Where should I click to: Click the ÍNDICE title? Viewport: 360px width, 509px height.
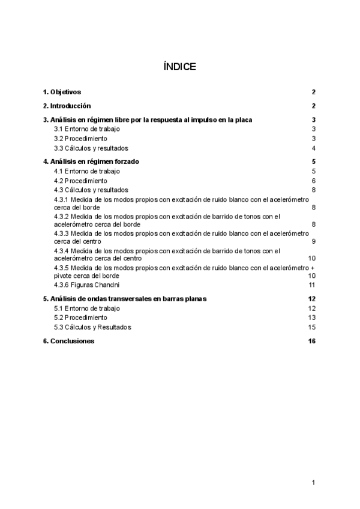[x=179, y=67]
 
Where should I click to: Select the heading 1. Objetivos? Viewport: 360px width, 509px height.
[x=62, y=92]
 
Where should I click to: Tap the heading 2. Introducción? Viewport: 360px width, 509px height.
[x=66, y=106]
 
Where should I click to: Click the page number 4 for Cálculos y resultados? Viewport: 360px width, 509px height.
[x=314, y=148]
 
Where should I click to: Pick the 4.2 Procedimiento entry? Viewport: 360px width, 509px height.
[x=80, y=181]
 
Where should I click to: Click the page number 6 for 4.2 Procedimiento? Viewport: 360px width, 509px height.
[x=314, y=181]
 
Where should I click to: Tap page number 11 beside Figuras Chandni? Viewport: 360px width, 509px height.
[x=312, y=285]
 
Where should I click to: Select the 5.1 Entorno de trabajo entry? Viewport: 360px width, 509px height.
[x=86, y=308]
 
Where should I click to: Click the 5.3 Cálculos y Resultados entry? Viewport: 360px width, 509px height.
[x=92, y=327]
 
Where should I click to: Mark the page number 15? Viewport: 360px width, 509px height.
[x=312, y=327]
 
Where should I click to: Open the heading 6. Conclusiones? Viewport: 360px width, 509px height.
[x=68, y=341]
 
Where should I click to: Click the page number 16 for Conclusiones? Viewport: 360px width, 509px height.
[x=311, y=341]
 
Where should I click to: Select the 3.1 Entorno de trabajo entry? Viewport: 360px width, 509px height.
[x=86, y=129]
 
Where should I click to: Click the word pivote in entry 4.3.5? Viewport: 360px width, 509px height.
[x=64, y=276]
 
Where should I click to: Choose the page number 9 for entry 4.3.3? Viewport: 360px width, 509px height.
[x=314, y=241]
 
